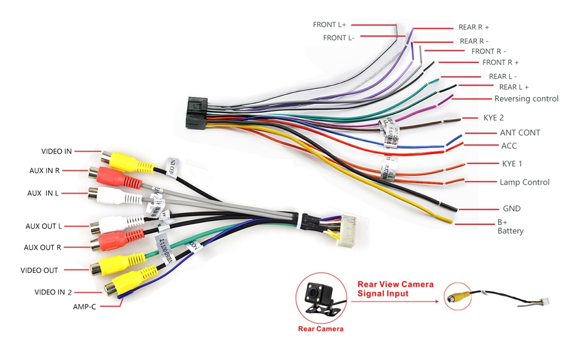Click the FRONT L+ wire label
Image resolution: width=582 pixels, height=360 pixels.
click(x=329, y=25)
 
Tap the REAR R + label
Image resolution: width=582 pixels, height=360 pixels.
click(x=473, y=27)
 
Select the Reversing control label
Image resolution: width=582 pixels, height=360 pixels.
click(x=526, y=98)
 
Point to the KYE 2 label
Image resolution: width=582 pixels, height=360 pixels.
click(x=493, y=118)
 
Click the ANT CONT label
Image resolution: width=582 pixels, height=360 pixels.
click(x=520, y=133)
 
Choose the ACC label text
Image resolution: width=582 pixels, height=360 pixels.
click(x=508, y=146)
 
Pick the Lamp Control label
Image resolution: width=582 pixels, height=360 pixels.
click(x=524, y=182)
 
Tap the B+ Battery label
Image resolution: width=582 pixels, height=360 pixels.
click(x=510, y=226)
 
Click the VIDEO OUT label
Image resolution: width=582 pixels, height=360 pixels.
click(x=40, y=270)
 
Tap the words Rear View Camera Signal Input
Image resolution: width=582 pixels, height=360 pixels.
click(x=395, y=289)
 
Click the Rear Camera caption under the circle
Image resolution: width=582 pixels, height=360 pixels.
click(x=320, y=329)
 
